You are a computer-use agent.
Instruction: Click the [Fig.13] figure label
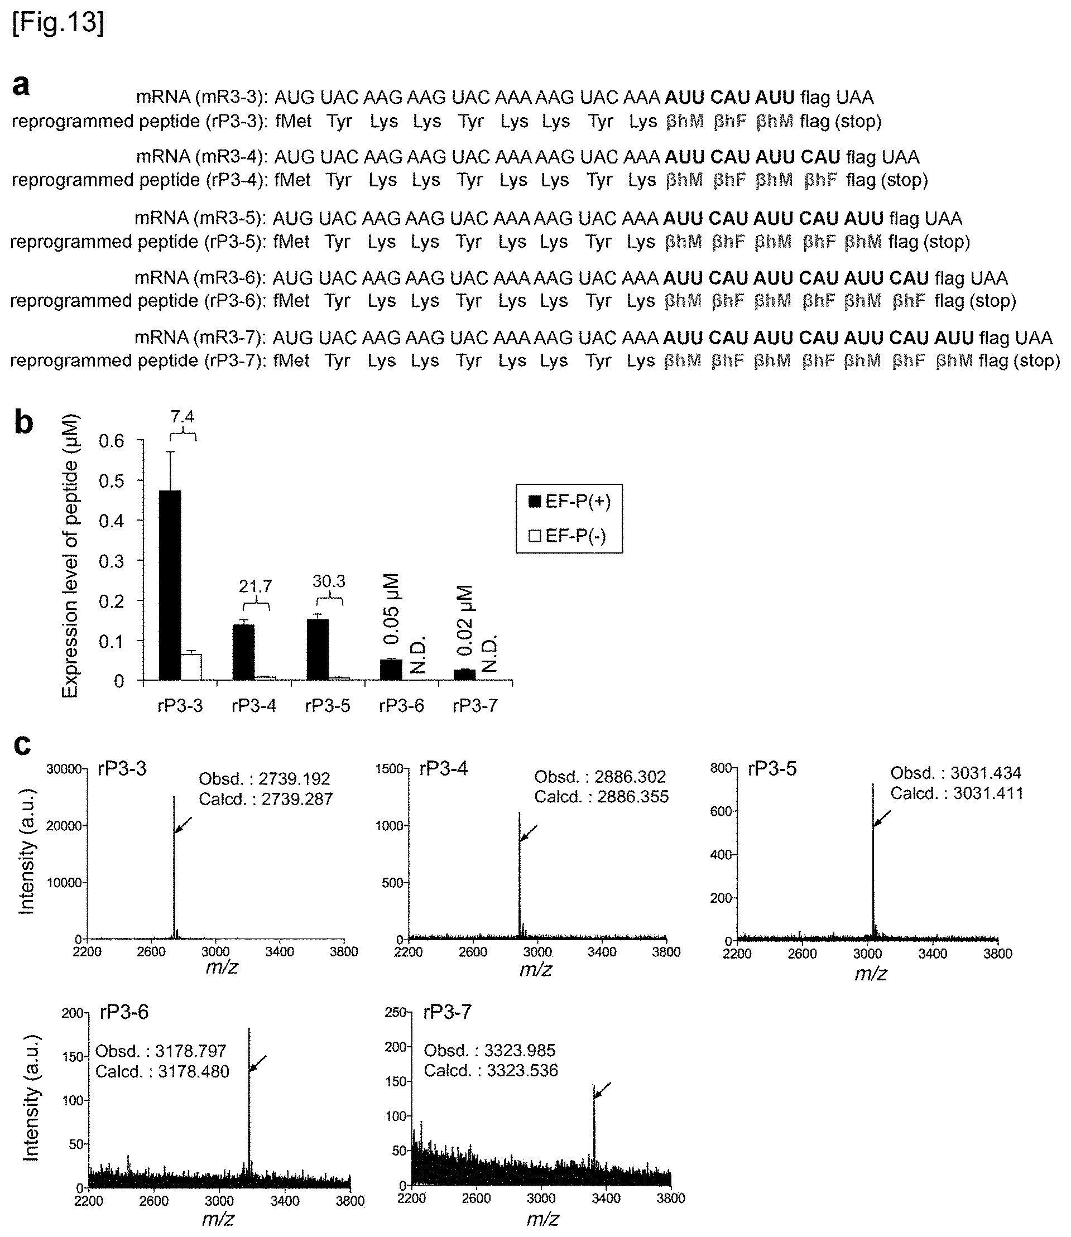(58, 23)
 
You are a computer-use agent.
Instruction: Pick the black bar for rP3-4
(243, 652)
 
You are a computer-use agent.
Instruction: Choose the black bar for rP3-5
(318, 649)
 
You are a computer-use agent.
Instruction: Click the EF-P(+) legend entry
(570, 502)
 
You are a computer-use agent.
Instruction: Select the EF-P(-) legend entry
(568, 536)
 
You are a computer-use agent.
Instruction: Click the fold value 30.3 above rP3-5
(329, 581)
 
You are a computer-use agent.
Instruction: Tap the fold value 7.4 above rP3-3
(182, 416)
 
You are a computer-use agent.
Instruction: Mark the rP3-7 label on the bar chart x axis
(475, 706)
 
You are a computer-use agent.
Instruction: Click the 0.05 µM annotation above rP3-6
(391, 609)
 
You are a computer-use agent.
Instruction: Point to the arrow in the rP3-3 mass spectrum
(184, 825)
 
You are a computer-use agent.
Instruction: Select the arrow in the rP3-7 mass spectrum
(602, 1089)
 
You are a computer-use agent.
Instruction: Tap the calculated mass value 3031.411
(987, 793)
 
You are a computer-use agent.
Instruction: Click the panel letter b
(23, 422)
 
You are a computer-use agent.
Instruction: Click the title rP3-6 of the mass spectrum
(124, 1012)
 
